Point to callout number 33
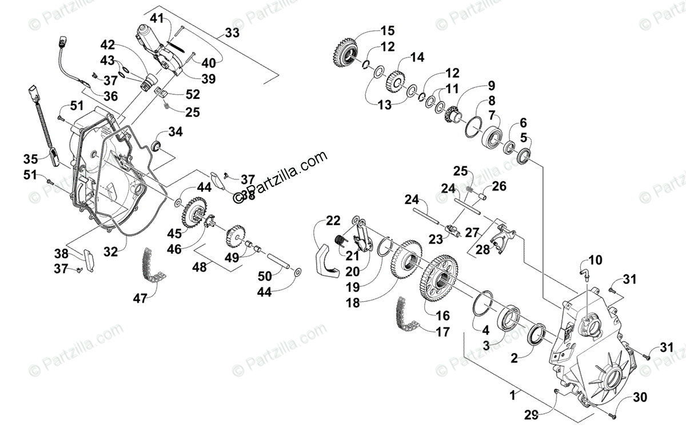click(x=232, y=34)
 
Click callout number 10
click(x=595, y=261)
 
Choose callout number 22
click(x=333, y=221)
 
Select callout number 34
click(x=176, y=133)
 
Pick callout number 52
click(x=193, y=94)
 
